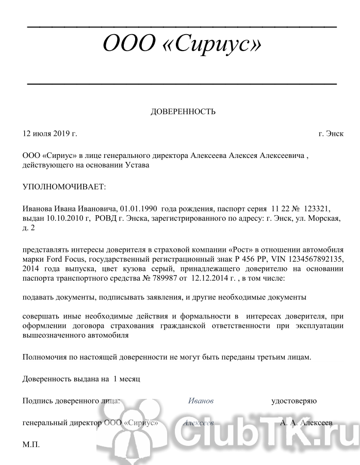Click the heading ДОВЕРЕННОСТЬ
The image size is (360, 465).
coord(183,111)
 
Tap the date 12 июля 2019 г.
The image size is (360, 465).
coord(50,134)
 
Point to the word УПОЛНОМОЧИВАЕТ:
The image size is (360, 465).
coord(64,186)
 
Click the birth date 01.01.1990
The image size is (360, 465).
coord(139,208)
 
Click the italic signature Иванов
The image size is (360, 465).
coord(201,400)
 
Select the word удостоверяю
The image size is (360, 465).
coord(294,400)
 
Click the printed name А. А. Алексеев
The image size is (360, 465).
coord(307,422)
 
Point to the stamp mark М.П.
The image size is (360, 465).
coord(31,444)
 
